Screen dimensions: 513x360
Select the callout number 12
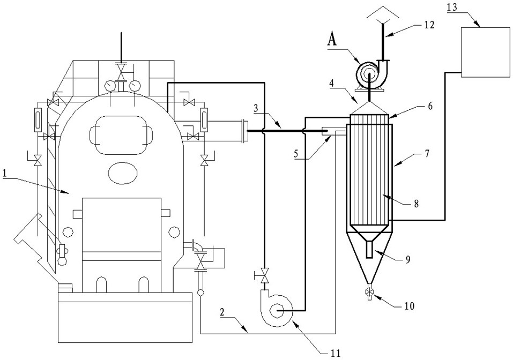[429, 25]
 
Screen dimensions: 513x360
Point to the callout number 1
[5, 174]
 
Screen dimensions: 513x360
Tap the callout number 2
[222, 312]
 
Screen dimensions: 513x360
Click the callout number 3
[256, 109]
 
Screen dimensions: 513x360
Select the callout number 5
[296, 154]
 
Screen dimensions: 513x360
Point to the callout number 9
[407, 259]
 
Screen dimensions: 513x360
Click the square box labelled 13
[485, 52]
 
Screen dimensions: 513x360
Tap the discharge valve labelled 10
[369, 292]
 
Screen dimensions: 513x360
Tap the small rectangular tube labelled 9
[370, 250]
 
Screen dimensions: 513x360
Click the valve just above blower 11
[264, 275]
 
